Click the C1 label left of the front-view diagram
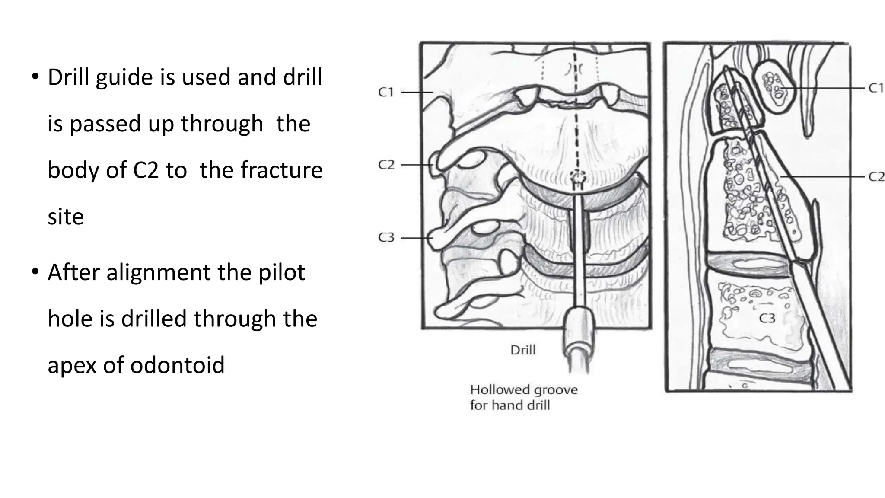(386, 92)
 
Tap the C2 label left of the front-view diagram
(386, 165)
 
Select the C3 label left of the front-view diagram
(386, 237)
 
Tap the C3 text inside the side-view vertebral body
(767, 319)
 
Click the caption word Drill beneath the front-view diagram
(522, 350)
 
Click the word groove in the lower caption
(558, 390)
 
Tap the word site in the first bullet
(65, 216)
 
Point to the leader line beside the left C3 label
(417, 238)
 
